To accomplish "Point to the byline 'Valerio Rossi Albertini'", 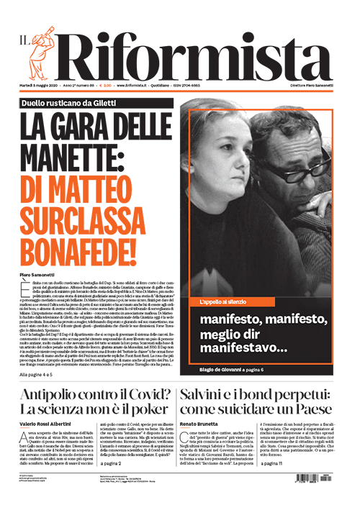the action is (50, 426).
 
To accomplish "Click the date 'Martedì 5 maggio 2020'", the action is (41, 86).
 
